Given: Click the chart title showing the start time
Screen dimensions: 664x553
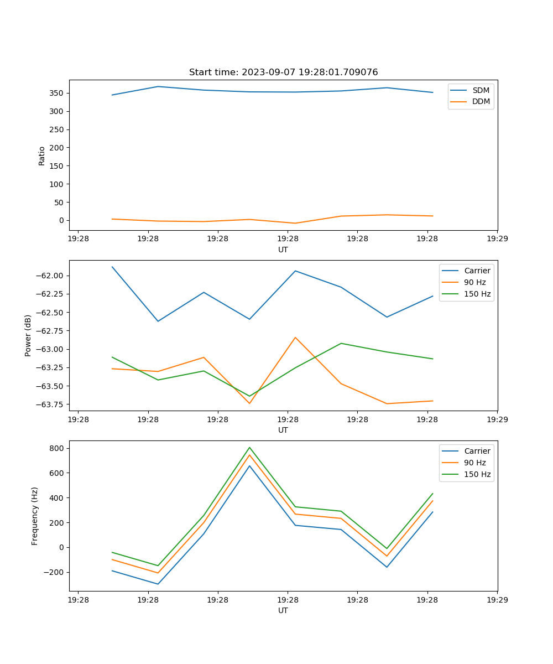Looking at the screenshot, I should pyautogui.click(x=283, y=72).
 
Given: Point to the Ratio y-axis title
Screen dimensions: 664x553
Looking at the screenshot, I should pyautogui.click(x=42, y=155).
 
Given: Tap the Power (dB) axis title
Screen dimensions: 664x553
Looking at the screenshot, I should pyautogui.click(x=28, y=335).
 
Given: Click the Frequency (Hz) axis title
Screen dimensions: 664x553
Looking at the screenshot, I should pyautogui.click(x=35, y=516).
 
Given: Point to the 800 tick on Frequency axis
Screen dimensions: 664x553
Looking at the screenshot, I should pyautogui.click(x=58, y=448).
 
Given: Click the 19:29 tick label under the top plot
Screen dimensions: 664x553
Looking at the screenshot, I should pyautogui.click(x=497, y=239).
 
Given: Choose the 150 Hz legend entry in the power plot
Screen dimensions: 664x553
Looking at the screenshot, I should pyautogui.click(x=477, y=294).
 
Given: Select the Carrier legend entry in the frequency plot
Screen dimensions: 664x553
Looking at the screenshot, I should pyautogui.click(x=477, y=451).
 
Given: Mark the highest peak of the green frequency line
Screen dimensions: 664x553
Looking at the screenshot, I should pyautogui.click(x=249, y=447).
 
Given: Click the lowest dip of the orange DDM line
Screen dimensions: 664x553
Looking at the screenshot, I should pyautogui.click(x=295, y=223).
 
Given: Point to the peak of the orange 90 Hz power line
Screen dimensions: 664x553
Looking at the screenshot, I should pyautogui.click(x=295, y=337).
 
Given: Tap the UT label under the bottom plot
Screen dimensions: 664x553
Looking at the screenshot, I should pyautogui.click(x=283, y=610).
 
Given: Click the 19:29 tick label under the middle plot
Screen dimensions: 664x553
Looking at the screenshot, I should pyautogui.click(x=497, y=419).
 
